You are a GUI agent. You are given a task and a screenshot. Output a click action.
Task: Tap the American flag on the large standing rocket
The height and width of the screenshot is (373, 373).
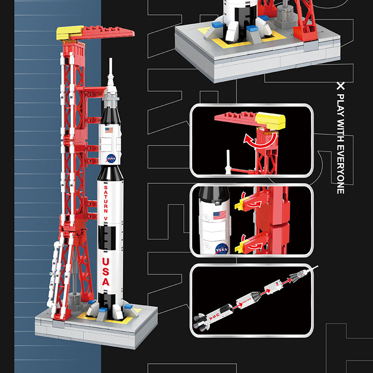[109, 130]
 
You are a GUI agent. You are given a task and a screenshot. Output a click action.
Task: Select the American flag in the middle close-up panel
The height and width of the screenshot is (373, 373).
[220, 215]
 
